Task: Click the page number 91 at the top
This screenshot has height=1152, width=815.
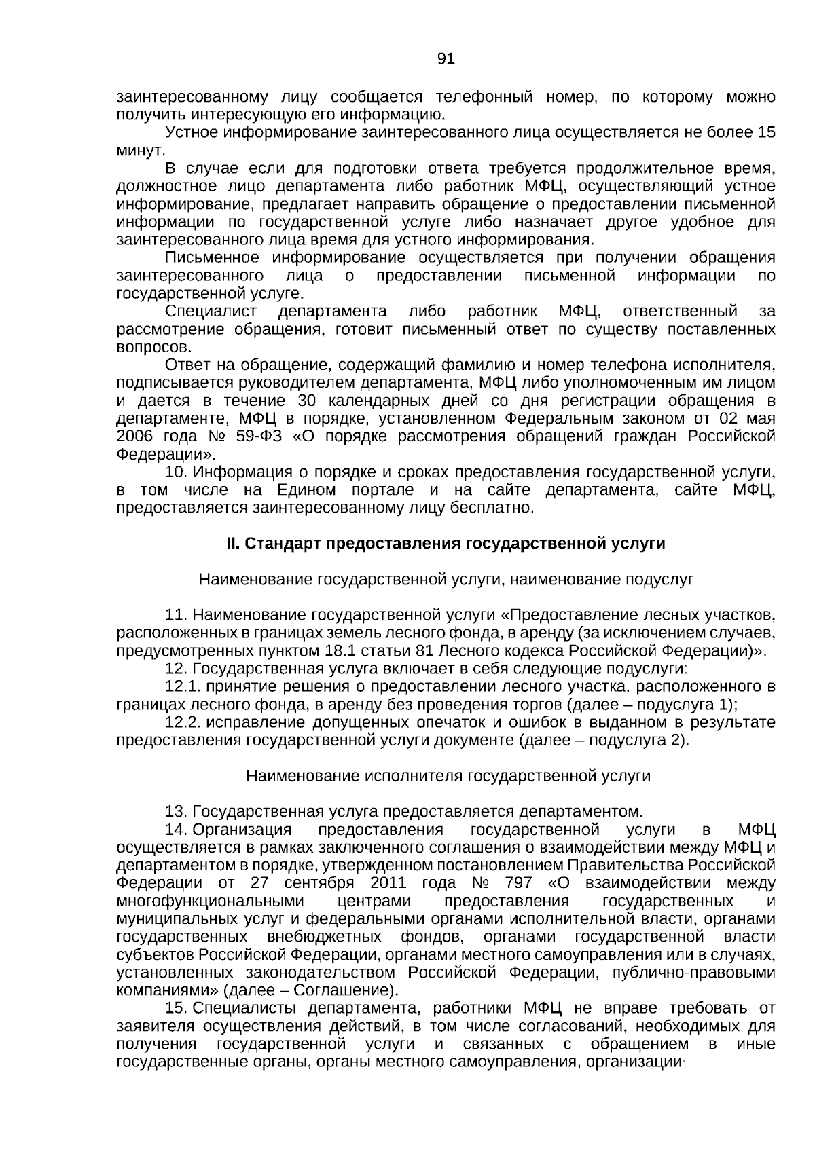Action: [x=446, y=59]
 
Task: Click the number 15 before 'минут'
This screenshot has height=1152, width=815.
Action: [x=766, y=132]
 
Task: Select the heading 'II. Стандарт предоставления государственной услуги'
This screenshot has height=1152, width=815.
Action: [x=446, y=544]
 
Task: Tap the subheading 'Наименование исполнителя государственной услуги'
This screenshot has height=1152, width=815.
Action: [x=448, y=776]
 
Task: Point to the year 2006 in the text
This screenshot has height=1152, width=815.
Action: [x=136, y=436]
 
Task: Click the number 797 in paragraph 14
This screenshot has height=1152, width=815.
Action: [x=518, y=883]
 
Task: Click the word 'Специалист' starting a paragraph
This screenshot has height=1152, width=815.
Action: [x=211, y=312]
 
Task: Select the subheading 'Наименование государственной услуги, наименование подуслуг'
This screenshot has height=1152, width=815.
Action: [x=446, y=580]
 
